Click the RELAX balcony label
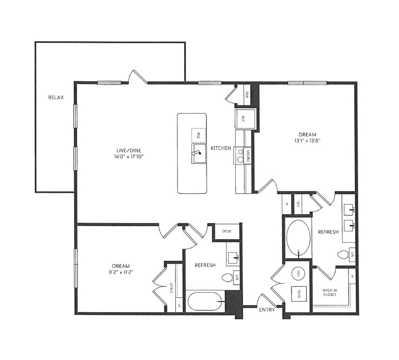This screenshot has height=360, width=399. point(56,97)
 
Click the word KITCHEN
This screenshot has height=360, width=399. point(221,148)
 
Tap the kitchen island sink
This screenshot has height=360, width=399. point(199,153)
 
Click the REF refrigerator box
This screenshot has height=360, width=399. point(243,119)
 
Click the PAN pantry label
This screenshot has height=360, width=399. point(247,95)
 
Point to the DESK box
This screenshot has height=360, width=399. point(227,231)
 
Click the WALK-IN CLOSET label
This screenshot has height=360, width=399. point(330,292)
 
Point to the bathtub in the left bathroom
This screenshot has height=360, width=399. point(206,301)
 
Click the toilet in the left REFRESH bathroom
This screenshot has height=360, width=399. point(227,277)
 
